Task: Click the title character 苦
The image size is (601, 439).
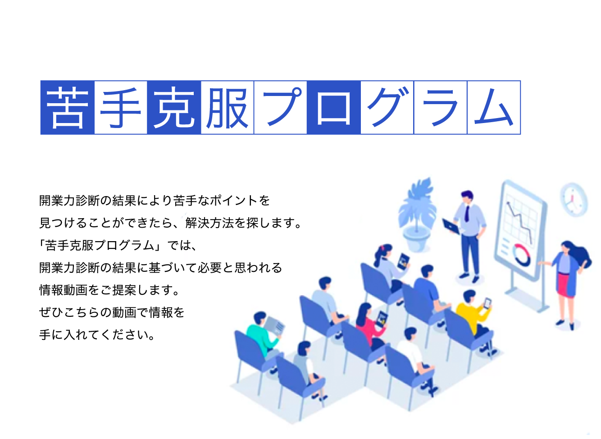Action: coord(67,108)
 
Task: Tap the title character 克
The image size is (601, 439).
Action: coord(174,108)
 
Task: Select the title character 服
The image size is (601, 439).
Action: coord(227,108)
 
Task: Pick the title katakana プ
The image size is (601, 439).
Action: coord(282,106)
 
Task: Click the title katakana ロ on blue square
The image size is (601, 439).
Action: coord(334,108)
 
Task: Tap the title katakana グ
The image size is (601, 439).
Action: coord(388,106)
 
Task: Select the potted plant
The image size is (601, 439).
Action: coord(418,215)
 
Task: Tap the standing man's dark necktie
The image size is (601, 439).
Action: coord(467,214)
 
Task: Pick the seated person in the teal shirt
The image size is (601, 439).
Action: coord(263,335)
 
